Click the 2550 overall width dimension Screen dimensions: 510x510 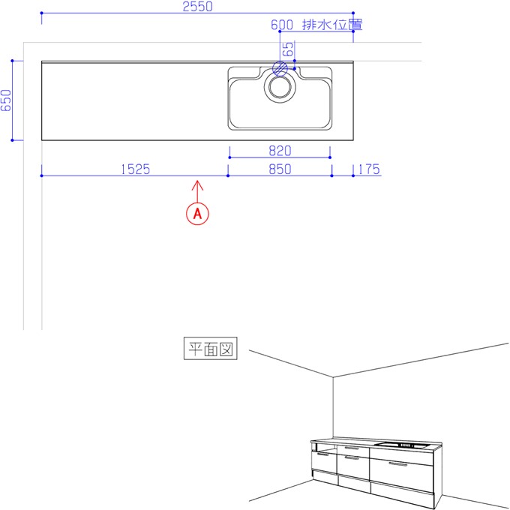tap(197, 7)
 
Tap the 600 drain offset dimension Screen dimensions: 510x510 tap(282, 25)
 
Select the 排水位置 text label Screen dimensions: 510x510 tap(332, 25)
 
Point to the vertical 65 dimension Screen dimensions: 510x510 tap(288, 49)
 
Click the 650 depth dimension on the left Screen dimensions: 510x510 tap(6, 100)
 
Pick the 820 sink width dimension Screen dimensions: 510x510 tap(280, 151)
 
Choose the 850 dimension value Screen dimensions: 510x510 tap(280, 169)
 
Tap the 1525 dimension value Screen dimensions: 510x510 tap(136, 169)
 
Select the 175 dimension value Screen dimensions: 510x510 tap(369, 169)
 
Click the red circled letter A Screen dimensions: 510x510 tap(197, 214)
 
